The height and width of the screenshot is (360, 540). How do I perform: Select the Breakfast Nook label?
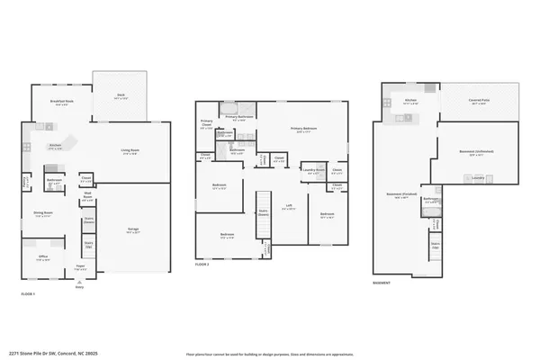61,103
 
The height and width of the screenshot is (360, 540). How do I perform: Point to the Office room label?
41,258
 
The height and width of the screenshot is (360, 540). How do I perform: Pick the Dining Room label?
42,213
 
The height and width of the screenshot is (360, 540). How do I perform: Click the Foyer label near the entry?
80,266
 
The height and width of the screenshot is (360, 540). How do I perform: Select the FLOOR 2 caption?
202,265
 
